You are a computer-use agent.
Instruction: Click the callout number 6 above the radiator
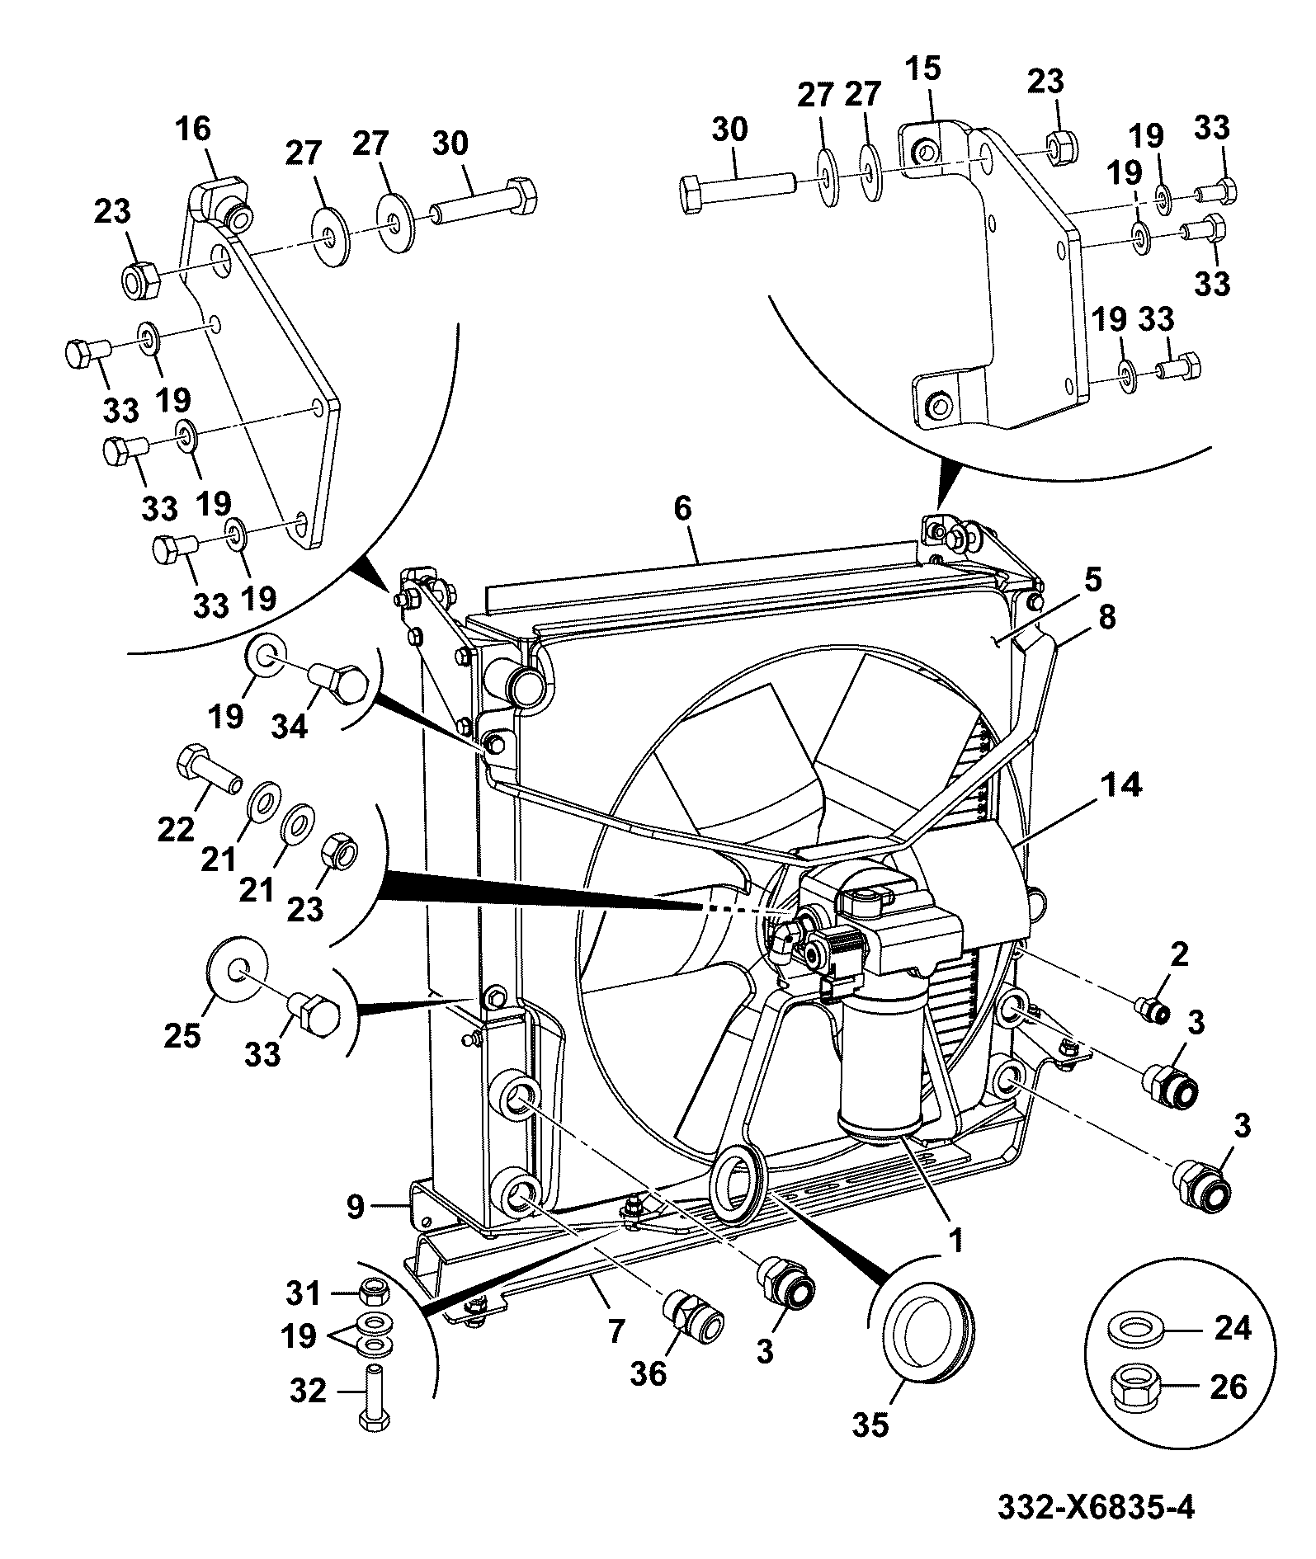[x=682, y=508]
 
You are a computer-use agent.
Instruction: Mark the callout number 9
[x=355, y=1208]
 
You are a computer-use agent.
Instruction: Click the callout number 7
[x=616, y=1331]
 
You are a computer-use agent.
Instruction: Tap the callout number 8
[x=1106, y=616]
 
